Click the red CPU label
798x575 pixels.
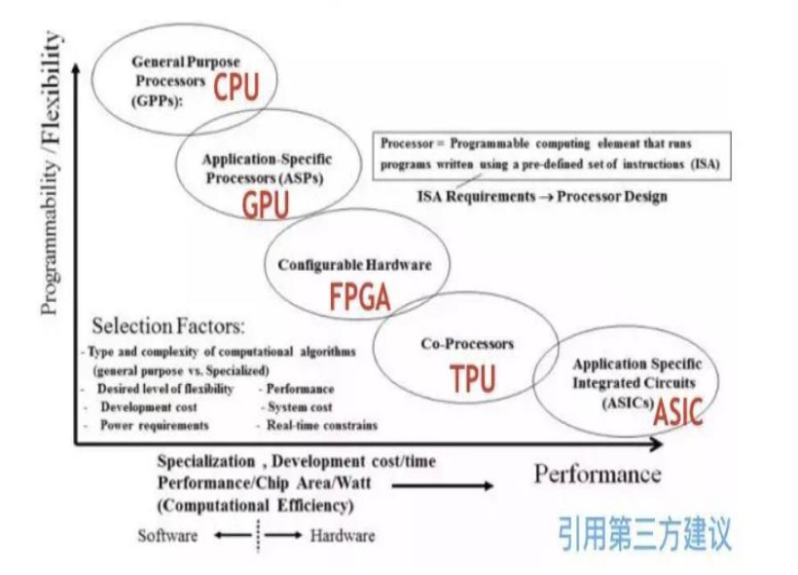click(236, 88)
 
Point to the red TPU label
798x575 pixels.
click(473, 378)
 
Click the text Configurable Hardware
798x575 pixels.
click(354, 264)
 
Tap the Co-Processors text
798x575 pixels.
click(467, 344)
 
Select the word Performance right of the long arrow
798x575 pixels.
click(597, 475)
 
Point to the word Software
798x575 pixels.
click(168, 535)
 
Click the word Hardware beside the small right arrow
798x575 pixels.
click(343, 535)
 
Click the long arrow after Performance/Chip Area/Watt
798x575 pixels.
click(456, 484)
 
